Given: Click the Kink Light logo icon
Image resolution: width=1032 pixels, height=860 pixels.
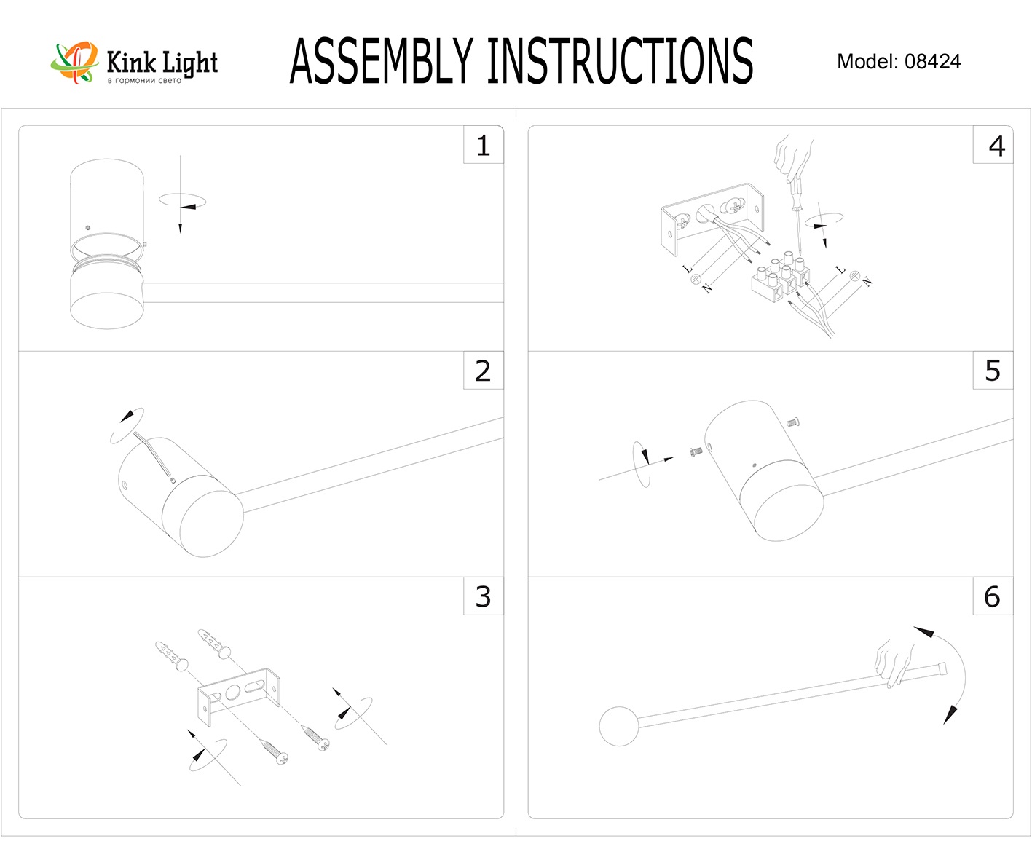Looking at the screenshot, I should (x=74, y=61).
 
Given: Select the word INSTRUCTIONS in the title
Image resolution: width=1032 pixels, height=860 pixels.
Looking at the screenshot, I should (x=619, y=61).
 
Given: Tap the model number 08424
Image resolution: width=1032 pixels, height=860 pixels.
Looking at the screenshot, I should (x=933, y=62).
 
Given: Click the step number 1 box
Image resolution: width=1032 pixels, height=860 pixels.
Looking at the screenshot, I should (x=483, y=146).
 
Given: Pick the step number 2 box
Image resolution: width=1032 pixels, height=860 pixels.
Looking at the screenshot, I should (x=483, y=371).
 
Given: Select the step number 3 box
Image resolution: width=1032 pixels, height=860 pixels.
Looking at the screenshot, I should (x=483, y=596).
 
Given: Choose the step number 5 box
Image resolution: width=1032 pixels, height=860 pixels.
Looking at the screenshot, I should (x=993, y=371).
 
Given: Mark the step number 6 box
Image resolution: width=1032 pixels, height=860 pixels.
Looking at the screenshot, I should (x=992, y=596).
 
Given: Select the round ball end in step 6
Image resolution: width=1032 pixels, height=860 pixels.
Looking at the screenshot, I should (x=618, y=725).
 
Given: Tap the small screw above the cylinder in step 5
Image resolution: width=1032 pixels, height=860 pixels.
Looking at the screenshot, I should (x=794, y=421).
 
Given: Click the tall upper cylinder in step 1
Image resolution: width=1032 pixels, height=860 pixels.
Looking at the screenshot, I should (x=106, y=200).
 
